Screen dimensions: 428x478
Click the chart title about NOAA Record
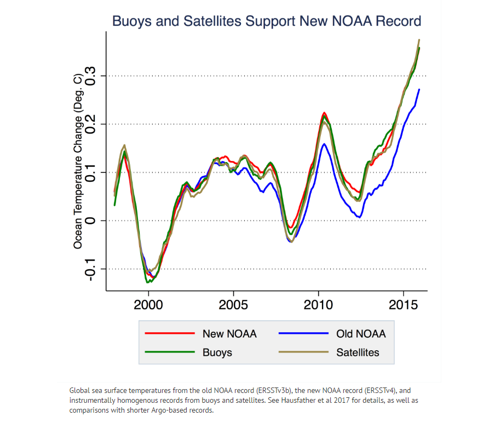pyautogui.click(x=266, y=21)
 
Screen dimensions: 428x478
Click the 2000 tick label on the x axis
pyautogui.click(x=148, y=304)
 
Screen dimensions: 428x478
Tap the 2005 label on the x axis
pyautogui.click(x=233, y=304)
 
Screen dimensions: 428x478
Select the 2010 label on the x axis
pyautogui.click(x=318, y=304)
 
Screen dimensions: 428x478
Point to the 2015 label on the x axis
pyautogui.click(x=404, y=304)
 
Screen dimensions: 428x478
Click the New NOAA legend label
pyautogui.click(x=229, y=334)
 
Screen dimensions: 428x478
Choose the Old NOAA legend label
pyautogui.click(x=361, y=334)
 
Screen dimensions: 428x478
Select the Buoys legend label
pyautogui.click(x=217, y=352)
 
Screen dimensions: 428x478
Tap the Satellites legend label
pyautogui.click(x=358, y=352)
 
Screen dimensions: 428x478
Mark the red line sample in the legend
pyautogui.click(x=170, y=333)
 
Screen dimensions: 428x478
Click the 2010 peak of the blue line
pyautogui.click(x=324, y=144)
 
